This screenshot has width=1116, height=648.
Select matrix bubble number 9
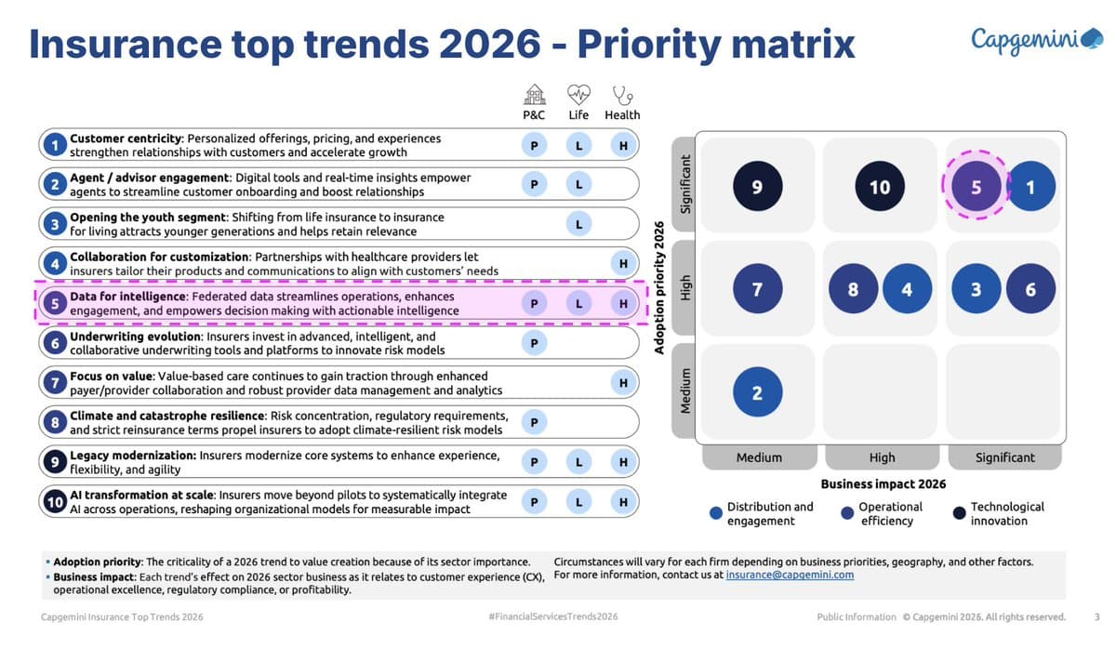click(757, 187)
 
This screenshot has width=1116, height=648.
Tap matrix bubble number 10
click(879, 187)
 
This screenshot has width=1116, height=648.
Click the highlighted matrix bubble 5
click(976, 187)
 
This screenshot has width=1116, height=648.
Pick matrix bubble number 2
click(757, 392)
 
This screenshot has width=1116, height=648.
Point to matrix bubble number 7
click(757, 289)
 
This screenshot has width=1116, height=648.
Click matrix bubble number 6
click(1030, 289)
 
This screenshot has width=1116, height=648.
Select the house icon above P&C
click(534, 94)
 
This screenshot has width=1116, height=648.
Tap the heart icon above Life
click(578, 94)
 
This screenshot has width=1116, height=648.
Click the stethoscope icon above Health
click(622, 94)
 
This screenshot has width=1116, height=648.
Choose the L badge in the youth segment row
click(578, 224)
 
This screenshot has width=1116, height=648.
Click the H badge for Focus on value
click(623, 382)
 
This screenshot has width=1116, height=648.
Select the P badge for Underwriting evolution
click(534, 343)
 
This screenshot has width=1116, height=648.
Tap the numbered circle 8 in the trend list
click(55, 422)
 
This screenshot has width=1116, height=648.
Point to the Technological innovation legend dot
click(960, 513)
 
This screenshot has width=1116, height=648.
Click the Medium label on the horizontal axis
click(759, 457)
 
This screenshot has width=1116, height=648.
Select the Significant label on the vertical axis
click(686, 184)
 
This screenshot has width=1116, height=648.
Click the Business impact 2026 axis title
click(883, 483)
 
